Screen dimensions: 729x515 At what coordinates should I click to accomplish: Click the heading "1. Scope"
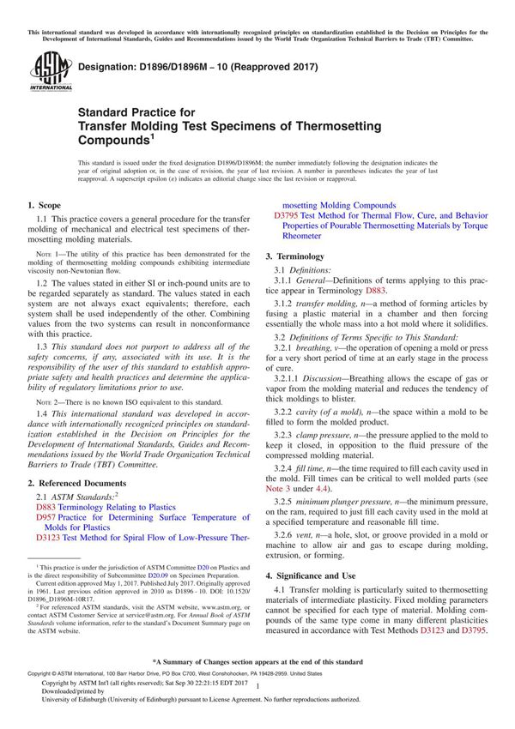coord(44,206)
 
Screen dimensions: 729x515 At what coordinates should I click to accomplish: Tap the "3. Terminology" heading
coord(294,256)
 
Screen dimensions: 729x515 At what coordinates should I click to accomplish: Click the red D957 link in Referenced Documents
coord(48,519)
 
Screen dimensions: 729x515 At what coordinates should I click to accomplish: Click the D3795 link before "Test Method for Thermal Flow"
coord(287,217)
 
